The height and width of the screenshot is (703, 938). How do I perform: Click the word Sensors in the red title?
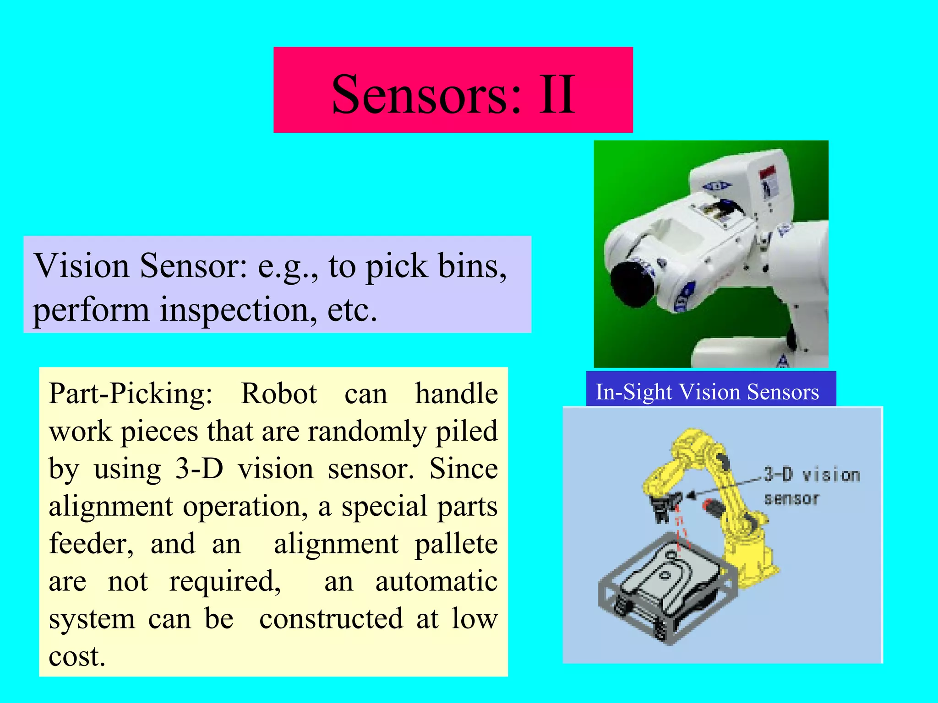coord(426,94)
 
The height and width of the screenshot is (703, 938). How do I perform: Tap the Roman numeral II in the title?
coord(556,94)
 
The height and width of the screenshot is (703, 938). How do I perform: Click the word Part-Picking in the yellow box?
coord(131,394)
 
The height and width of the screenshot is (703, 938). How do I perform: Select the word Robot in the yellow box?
coord(278,394)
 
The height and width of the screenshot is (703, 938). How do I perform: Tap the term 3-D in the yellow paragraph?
coord(199,469)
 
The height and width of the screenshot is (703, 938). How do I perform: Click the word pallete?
coord(456,544)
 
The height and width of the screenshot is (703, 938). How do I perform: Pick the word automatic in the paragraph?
coord(436,582)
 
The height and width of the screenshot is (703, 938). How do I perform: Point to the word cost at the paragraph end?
coord(76,657)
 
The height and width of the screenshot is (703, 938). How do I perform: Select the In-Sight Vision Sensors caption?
coord(707,392)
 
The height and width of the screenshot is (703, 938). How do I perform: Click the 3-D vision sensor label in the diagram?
coord(812,486)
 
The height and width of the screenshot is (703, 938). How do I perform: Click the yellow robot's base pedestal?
coord(751,558)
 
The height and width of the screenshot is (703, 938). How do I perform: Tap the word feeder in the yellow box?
coord(91,544)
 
